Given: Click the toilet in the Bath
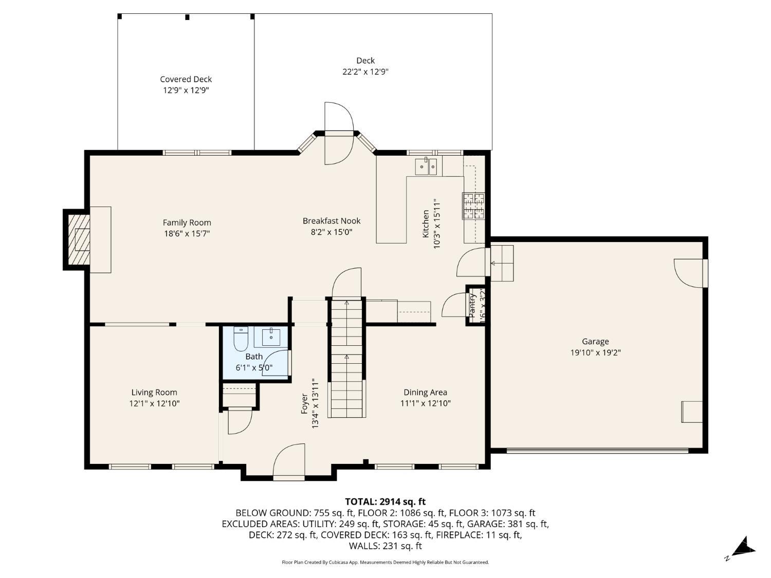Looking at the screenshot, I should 241,339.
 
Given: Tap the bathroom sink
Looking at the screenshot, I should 271,338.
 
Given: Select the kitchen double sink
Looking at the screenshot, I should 426,166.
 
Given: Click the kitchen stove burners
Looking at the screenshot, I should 473,206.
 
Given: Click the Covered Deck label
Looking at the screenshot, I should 186,79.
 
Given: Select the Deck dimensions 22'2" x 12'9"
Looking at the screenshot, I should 365,72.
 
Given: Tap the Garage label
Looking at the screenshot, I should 595,341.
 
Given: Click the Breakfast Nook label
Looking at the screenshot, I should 332,221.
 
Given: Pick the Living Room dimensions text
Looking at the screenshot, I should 154,404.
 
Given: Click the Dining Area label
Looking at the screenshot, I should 425,392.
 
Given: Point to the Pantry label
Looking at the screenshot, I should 472,305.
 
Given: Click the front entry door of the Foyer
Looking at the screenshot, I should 289,462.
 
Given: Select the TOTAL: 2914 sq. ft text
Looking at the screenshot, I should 385,501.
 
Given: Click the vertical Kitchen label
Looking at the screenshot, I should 426,223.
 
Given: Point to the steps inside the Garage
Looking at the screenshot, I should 502,263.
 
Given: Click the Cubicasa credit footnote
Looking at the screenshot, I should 385,562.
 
